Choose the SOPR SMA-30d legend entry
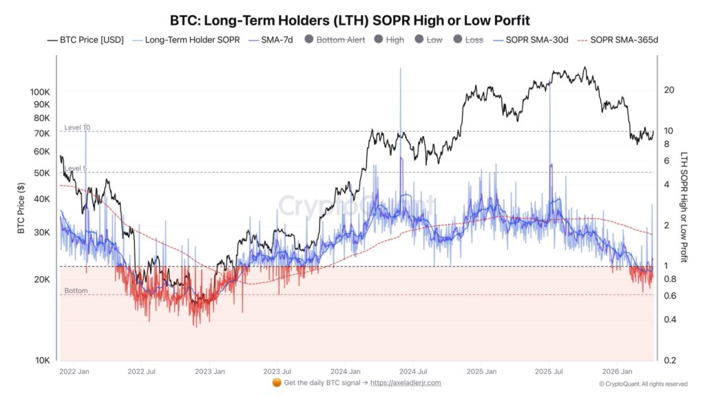(529, 40)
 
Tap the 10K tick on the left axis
(43, 360)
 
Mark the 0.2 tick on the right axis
(669, 360)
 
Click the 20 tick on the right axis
(669, 90)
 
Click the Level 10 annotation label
(77, 127)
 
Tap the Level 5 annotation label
(75, 168)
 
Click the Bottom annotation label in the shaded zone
(76, 291)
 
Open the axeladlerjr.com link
(406, 383)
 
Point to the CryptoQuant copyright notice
(642, 384)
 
